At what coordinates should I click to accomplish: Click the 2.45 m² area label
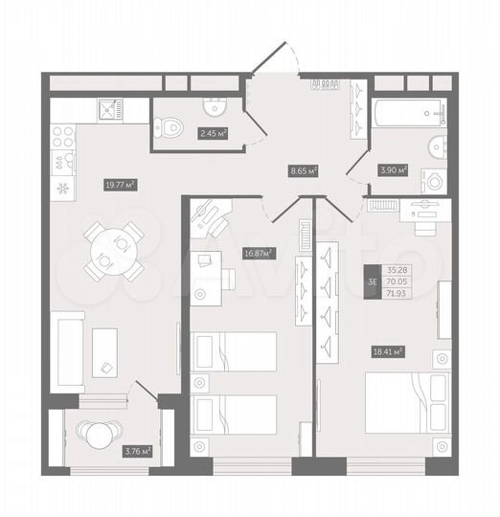click(213, 134)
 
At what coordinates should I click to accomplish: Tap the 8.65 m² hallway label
click(304, 171)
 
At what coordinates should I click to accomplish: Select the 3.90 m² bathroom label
click(395, 169)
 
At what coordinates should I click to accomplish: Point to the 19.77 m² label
click(119, 185)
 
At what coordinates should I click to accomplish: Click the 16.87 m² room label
click(259, 254)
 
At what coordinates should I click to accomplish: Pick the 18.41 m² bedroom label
click(386, 351)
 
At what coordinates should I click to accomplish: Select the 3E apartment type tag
click(372, 281)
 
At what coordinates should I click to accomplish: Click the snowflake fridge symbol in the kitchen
click(62, 188)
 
